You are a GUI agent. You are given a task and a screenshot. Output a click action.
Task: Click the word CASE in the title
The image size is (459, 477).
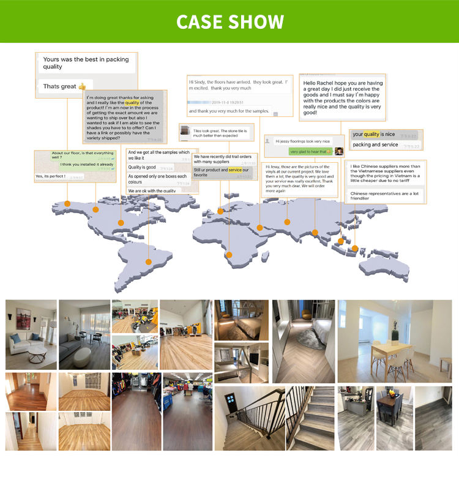(x=200, y=22)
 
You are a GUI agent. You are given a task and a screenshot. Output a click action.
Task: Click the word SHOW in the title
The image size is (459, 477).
(x=257, y=22)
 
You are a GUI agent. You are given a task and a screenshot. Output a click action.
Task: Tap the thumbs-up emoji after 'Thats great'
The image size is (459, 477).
(x=82, y=86)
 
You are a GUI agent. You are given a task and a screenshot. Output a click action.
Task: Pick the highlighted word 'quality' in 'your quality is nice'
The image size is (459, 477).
(x=371, y=134)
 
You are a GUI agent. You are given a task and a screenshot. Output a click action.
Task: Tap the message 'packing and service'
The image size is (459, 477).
(x=375, y=145)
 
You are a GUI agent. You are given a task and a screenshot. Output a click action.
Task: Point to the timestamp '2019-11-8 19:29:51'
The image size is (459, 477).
(x=225, y=102)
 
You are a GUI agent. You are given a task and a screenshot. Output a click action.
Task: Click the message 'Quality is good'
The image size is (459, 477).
(x=142, y=167)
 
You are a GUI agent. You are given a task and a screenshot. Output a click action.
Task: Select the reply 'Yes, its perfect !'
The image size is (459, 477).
(x=50, y=176)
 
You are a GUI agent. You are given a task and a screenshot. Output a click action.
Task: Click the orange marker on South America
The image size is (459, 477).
(x=148, y=261)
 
